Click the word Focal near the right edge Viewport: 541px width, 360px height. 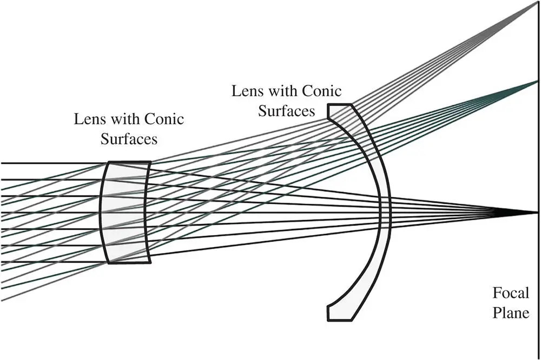[x=511, y=294]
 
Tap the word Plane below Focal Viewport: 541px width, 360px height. [x=511, y=313]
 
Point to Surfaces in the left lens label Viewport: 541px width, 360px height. [x=129, y=139]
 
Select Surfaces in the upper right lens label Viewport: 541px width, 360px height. [x=287, y=110]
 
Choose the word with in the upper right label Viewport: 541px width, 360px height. [x=281, y=91]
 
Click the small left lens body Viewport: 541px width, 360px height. [x=126, y=212]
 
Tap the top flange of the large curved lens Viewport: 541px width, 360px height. [x=340, y=112]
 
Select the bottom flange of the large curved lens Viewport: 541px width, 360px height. [x=340, y=312]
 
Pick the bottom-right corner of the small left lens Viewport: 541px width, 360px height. [x=150, y=263]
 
